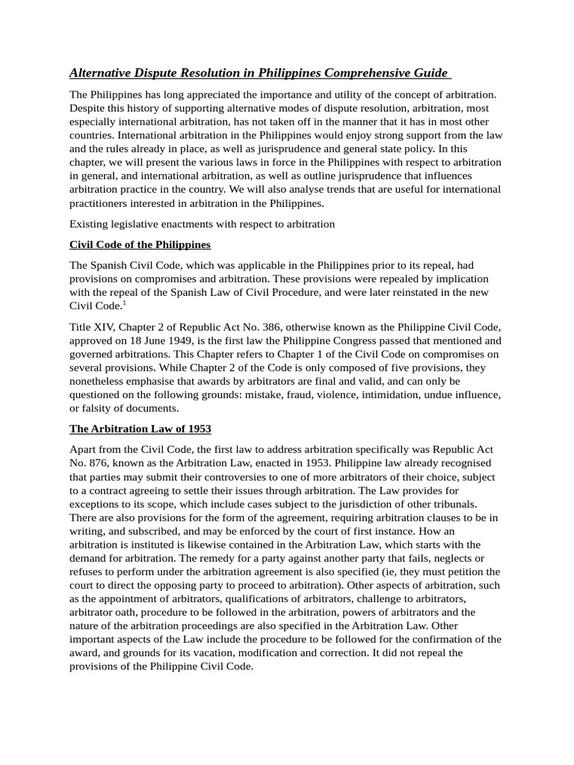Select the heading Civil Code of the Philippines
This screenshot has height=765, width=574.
click(140, 245)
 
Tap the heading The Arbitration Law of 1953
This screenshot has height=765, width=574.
click(141, 429)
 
